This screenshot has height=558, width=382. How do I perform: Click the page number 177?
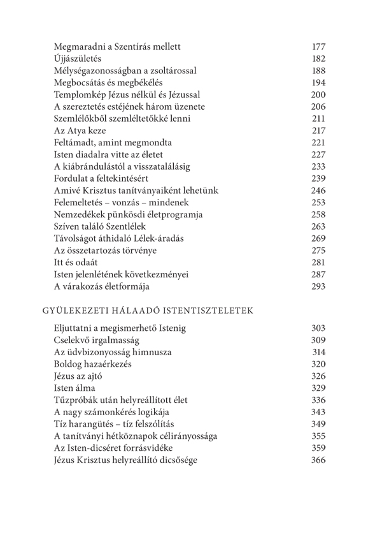[319, 47]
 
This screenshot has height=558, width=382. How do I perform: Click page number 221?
[319, 142]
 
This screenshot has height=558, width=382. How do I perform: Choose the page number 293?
[319, 286]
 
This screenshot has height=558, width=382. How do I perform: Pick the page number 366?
[319, 460]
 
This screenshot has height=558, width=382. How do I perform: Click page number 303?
[319, 328]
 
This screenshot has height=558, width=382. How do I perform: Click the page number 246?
[319, 190]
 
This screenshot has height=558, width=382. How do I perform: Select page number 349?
[319, 424]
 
